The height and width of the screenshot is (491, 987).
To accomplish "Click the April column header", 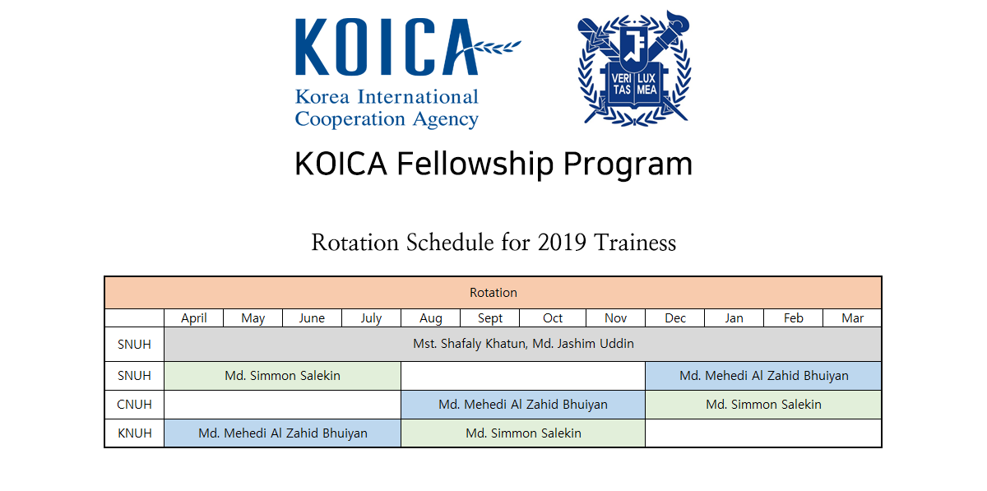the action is [194, 317].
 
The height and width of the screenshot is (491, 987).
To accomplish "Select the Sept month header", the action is [490, 317].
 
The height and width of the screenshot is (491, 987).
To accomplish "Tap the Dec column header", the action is [675, 317].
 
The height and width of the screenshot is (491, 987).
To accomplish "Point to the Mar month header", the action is [853, 317].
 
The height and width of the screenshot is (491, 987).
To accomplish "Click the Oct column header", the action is [553, 317].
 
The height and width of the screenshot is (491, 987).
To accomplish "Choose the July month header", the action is [371, 317].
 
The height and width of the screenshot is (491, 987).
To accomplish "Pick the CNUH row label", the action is [134, 404].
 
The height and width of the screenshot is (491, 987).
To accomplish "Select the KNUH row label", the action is [134, 433].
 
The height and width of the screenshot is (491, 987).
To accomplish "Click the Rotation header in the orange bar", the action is [493, 292].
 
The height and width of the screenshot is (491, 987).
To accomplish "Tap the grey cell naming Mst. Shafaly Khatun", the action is [523, 344].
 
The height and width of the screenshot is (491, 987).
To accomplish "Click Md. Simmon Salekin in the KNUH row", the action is [523, 433].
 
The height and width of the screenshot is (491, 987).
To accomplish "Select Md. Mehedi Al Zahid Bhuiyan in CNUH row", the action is [523, 404].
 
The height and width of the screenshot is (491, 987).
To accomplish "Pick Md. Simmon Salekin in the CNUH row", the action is [763, 404].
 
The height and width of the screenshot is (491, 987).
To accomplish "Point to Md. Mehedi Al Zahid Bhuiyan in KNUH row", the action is [282, 433].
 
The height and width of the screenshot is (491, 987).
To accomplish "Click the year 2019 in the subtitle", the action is [562, 243].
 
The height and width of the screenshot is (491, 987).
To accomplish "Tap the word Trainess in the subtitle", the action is [635, 243].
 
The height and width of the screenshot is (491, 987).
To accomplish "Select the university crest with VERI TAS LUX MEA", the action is [634, 68].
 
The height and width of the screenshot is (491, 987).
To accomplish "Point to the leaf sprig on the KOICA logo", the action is [493, 48].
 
